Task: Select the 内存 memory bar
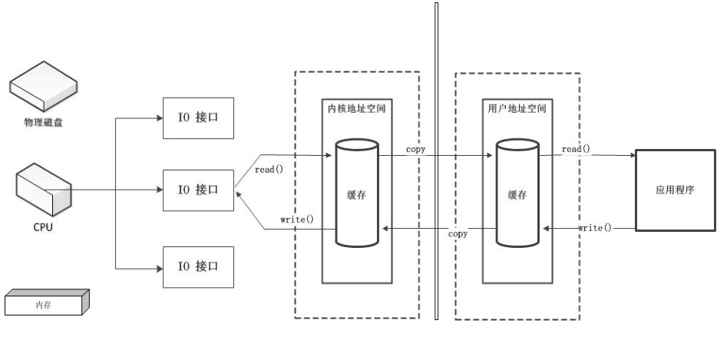click(46, 304)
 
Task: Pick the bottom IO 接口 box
click(198, 267)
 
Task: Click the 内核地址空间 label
click(352, 109)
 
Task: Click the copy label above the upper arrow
click(415, 148)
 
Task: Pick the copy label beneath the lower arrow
click(458, 234)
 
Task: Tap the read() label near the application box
click(576, 148)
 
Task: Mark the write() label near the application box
click(595, 228)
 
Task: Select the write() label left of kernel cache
click(297, 220)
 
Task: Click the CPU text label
click(43, 227)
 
